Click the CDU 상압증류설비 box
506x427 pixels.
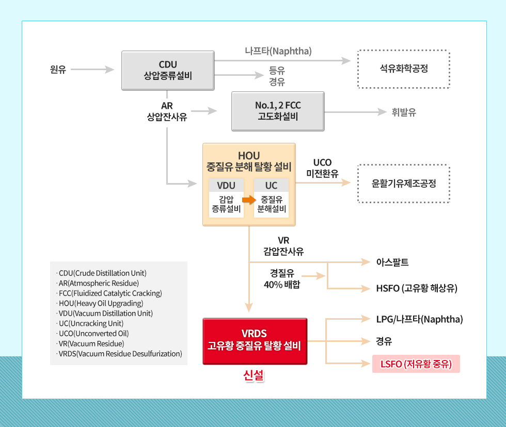(168, 70)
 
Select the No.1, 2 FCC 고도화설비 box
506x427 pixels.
(278, 111)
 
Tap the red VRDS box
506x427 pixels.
(255, 341)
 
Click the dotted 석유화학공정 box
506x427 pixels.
(403, 69)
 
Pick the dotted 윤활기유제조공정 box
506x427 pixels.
(403, 183)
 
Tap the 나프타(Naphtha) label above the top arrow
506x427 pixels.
(278, 51)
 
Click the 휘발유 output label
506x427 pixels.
(404, 112)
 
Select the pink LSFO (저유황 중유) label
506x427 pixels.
(416, 364)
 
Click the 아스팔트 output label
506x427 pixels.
(392, 262)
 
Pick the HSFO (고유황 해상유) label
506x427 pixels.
(417, 288)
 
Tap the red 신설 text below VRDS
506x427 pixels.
(254, 376)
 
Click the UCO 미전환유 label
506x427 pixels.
(322, 169)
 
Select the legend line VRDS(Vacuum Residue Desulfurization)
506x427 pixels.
(119, 354)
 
